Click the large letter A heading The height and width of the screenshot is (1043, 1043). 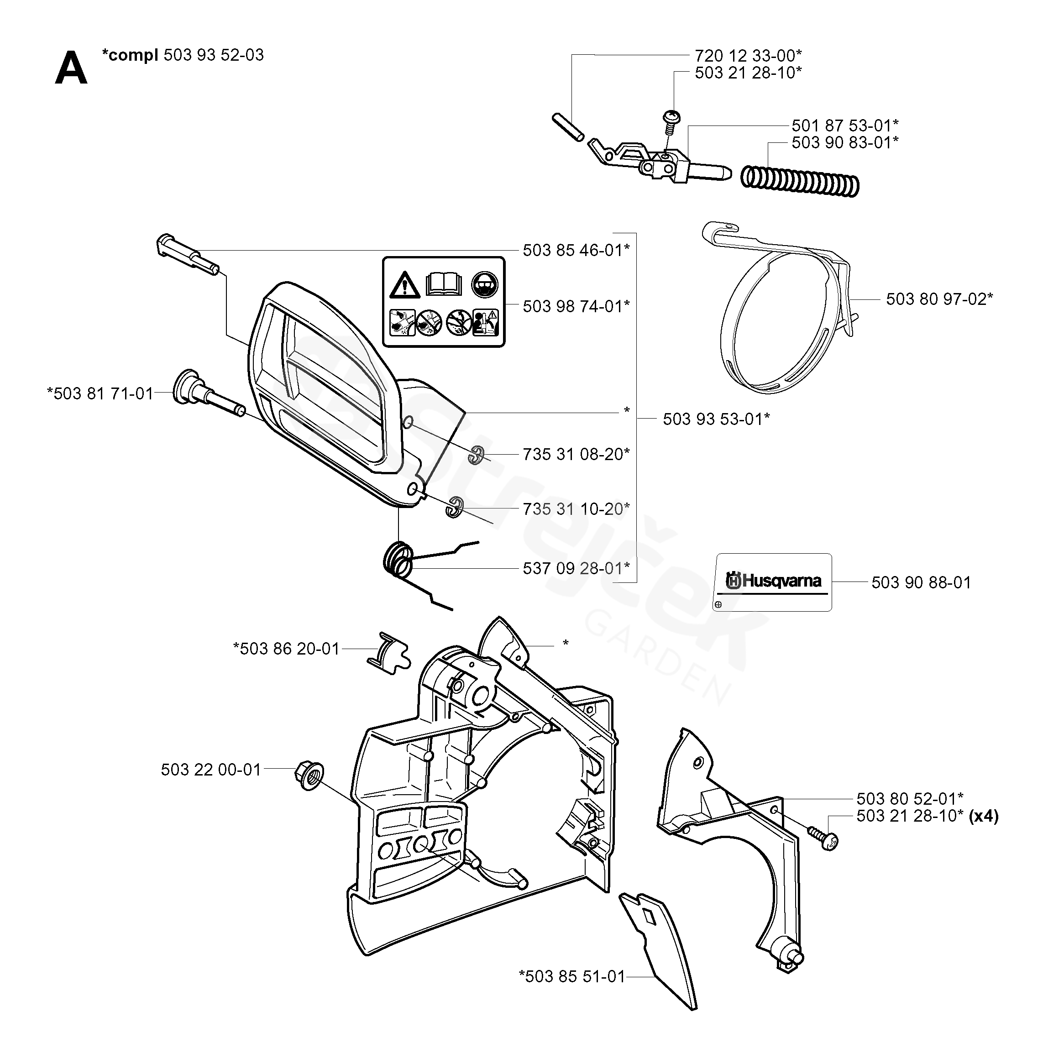pos(71,68)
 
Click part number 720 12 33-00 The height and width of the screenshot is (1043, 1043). pos(748,55)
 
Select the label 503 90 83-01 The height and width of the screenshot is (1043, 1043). pos(845,142)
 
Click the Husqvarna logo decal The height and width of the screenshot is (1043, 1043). pos(774,582)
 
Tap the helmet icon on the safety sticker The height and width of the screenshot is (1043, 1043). pos(484,284)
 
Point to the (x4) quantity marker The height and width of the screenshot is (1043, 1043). pos(984,816)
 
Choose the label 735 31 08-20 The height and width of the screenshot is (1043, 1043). pos(576,454)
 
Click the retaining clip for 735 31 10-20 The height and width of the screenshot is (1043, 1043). pos(455,507)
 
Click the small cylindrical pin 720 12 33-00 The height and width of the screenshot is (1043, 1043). pos(567,127)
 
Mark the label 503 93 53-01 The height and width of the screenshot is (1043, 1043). pos(716,419)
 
